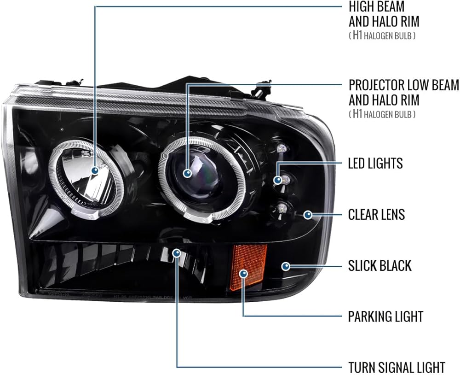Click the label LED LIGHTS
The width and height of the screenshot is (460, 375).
coord(375,164)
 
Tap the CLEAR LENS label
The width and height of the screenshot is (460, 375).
coord(376,215)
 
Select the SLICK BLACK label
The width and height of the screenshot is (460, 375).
coord(379,266)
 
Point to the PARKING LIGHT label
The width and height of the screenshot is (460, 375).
coord(385,316)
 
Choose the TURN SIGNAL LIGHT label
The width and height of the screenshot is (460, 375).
coord(397,367)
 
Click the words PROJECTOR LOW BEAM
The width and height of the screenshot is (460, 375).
coord(404,85)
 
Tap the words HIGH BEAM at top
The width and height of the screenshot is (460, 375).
coord(376,7)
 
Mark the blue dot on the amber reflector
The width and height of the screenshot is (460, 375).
coord(243,274)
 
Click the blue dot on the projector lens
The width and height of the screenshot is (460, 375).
coord(187,173)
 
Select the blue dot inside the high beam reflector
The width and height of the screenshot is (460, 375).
coord(95,170)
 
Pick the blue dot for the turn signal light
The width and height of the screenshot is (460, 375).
coord(177,253)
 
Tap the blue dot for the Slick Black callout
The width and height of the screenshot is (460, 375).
coord(286,267)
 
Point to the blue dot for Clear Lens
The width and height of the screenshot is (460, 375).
coord(308,215)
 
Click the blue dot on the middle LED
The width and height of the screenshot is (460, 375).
coord(277,180)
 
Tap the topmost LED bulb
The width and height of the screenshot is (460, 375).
coord(281,148)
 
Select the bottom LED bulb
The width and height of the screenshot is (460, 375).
coord(282,208)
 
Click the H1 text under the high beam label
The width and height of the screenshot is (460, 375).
coord(357,36)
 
